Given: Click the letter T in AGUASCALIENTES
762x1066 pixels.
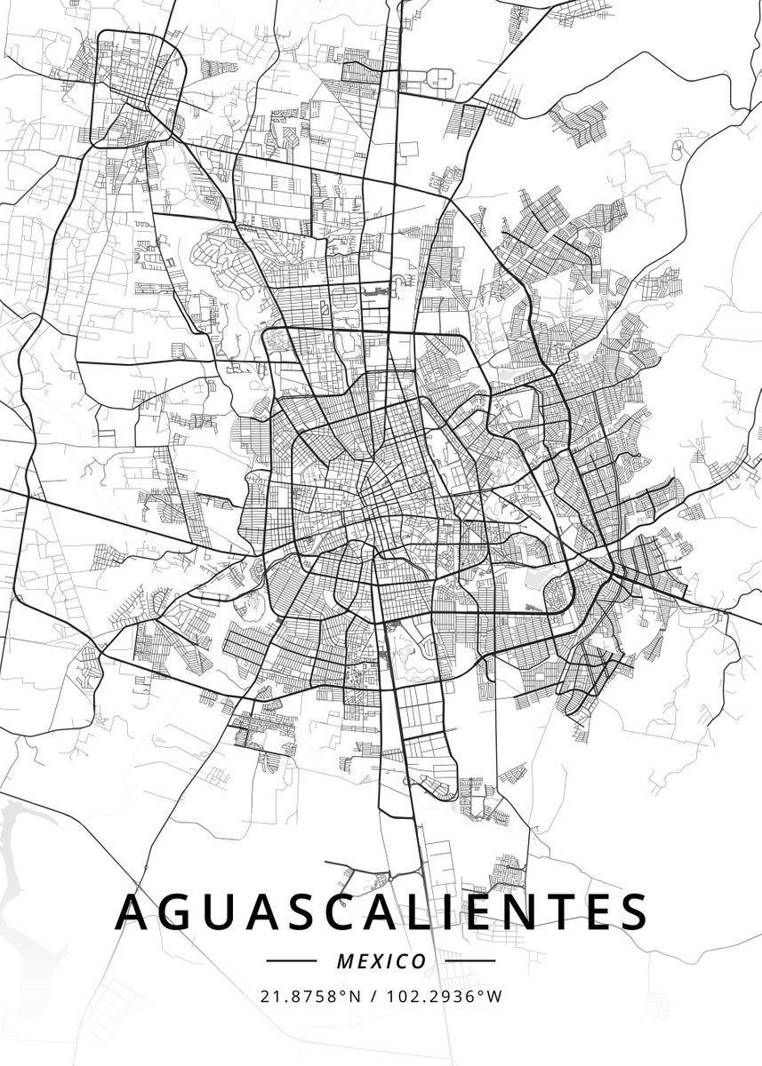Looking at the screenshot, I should tap(584, 911).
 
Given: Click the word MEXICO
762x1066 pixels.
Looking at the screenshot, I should tap(381, 961).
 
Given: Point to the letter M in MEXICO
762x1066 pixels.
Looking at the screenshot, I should tap(344, 961).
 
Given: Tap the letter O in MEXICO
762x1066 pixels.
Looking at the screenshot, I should tap(418, 961).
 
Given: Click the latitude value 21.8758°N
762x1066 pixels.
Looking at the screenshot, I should tap(311, 996).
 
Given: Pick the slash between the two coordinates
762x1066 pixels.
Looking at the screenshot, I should tap(373, 996).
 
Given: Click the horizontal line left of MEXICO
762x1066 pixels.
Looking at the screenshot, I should tap(292, 960).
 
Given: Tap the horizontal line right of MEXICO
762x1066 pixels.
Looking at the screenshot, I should tap(469, 960).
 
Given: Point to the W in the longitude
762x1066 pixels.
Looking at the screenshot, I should tap(495, 996).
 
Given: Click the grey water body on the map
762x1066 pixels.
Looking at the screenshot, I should tap(27, 853).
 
